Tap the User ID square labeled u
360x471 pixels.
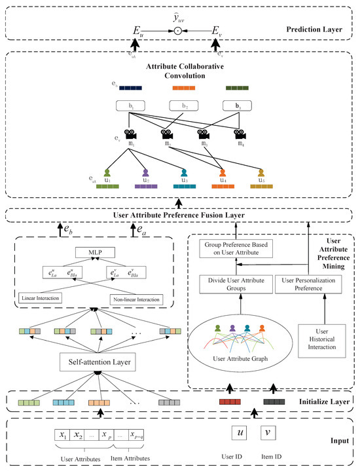click(x=241, y=433)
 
